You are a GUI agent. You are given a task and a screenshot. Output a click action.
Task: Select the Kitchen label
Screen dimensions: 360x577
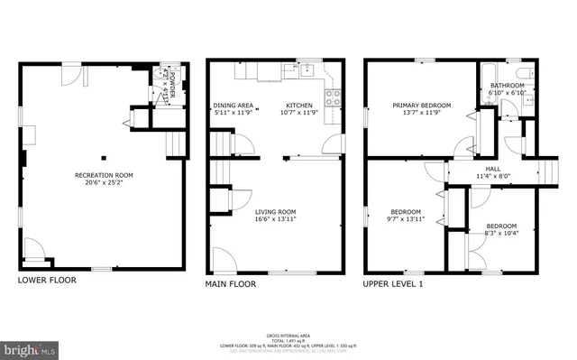(x=298, y=105)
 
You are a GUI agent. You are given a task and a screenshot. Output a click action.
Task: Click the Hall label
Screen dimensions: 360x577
(x=493, y=169)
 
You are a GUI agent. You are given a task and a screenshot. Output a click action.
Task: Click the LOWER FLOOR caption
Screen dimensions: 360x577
(x=47, y=280)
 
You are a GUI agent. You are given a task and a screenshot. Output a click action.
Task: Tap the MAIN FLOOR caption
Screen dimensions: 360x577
(x=231, y=283)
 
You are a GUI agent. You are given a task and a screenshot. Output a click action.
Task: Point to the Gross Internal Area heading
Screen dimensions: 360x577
(x=288, y=335)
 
